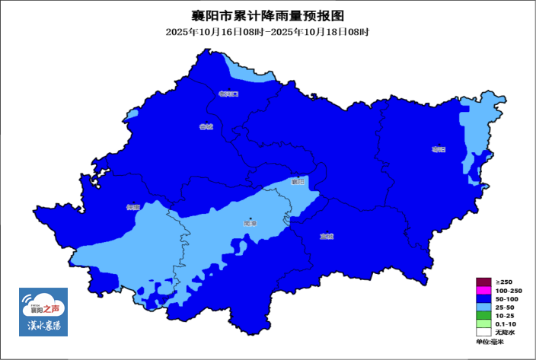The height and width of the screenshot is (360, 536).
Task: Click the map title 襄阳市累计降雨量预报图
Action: point(268,15)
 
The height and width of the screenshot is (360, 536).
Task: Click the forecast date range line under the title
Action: point(268,32)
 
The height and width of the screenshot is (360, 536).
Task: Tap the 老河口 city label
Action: point(228,94)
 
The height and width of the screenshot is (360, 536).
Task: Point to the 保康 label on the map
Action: point(135,206)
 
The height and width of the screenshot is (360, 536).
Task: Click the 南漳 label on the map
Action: point(250,224)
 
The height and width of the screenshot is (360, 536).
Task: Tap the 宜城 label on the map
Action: point(327,236)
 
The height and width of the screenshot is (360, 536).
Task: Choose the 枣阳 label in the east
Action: point(437,149)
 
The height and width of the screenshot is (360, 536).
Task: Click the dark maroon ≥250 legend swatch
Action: point(483,282)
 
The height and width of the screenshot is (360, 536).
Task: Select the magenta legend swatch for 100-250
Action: point(483,291)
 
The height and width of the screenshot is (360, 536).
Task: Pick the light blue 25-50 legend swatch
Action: point(483,307)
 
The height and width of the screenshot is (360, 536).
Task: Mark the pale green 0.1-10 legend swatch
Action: point(483,324)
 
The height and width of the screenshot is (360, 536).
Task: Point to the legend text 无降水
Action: point(506,333)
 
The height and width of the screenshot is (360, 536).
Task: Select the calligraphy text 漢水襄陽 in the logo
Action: point(44,326)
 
